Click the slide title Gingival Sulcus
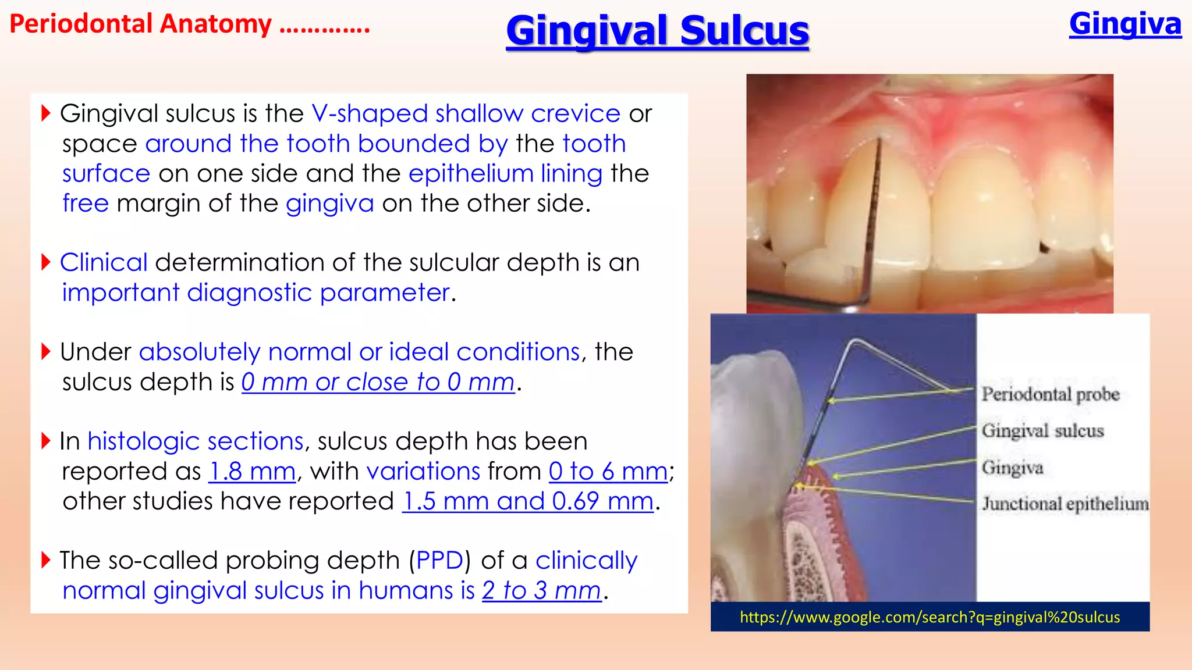coord(657,31)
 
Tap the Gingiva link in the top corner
coord(1124,24)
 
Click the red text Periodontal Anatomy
coord(140,24)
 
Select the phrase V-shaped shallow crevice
coord(466,113)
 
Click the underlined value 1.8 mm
coord(252,471)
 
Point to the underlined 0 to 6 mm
coord(608,471)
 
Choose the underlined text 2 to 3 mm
coord(541,590)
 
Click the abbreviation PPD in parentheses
coord(439,560)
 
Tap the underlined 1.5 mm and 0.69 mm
coord(528,501)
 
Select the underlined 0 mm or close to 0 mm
coord(378,382)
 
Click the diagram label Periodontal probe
coord(1050,394)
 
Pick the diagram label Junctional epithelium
coord(1065,504)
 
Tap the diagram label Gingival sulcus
coord(1042,431)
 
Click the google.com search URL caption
coord(930,617)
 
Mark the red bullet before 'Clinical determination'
coord(47,262)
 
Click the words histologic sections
coord(196,441)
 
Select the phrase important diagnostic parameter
coord(256,293)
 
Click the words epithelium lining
coord(505,173)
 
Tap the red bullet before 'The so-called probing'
coord(47,560)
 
